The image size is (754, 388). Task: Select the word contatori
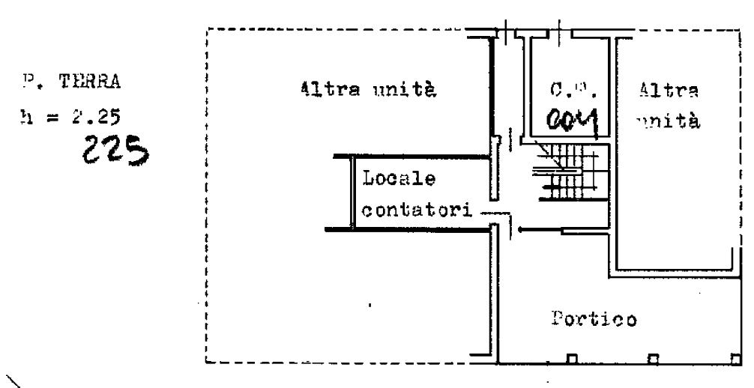click(x=416, y=210)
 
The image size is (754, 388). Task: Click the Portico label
click(x=594, y=319)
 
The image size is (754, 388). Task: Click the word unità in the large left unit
click(x=403, y=91)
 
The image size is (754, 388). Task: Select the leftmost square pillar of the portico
click(x=573, y=359)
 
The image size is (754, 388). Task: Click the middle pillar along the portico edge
click(x=654, y=359)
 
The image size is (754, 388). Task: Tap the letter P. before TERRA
click(x=30, y=82)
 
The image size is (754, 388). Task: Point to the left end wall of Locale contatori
click(x=353, y=192)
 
